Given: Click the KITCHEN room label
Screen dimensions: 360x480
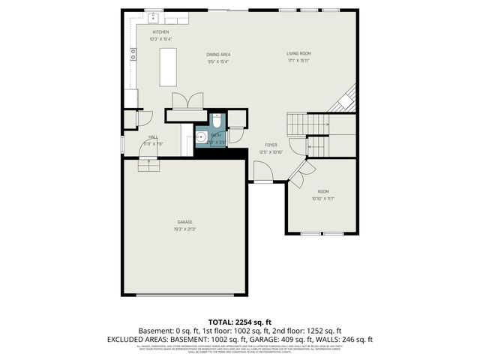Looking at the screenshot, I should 160,32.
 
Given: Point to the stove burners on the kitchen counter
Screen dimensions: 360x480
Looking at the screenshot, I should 133,53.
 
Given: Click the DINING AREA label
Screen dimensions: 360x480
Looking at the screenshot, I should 218,54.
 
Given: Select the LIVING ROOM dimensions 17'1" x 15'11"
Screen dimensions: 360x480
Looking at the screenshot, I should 298,61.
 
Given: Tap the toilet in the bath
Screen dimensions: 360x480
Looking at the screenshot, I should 216,121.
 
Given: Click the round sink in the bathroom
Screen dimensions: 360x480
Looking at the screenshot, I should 202,137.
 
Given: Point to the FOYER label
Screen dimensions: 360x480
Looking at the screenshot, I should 271,145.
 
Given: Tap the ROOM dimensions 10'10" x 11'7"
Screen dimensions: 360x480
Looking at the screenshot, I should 322,199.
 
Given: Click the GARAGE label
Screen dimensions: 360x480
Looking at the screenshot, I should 184,222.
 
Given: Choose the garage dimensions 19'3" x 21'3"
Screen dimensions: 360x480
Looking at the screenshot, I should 184,229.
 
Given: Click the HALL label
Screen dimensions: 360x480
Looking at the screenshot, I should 152,136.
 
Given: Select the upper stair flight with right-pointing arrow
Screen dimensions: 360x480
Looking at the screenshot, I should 307,122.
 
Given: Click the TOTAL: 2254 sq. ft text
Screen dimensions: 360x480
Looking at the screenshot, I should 240,321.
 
